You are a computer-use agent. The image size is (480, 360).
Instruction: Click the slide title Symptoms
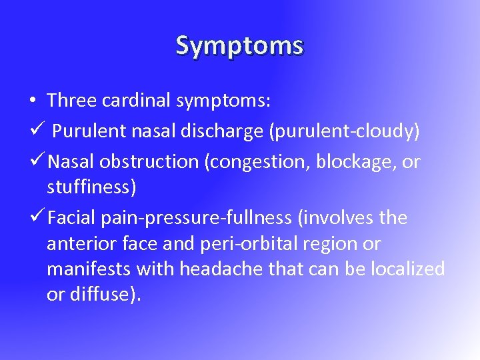(x=240, y=45)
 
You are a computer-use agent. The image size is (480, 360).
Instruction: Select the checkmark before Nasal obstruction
(x=37, y=161)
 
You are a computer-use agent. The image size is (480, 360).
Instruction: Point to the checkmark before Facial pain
(x=37, y=217)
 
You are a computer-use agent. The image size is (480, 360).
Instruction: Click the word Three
(x=72, y=101)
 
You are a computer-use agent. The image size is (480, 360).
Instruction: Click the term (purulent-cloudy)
(x=344, y=131)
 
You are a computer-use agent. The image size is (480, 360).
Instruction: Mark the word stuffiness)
(x=91, y=188)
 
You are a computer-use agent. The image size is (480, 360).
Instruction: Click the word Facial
(x=74, y=217)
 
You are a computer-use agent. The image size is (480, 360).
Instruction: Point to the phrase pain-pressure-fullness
(x=199, y=218)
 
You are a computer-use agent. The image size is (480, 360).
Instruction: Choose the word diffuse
(x=104, y=294)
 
